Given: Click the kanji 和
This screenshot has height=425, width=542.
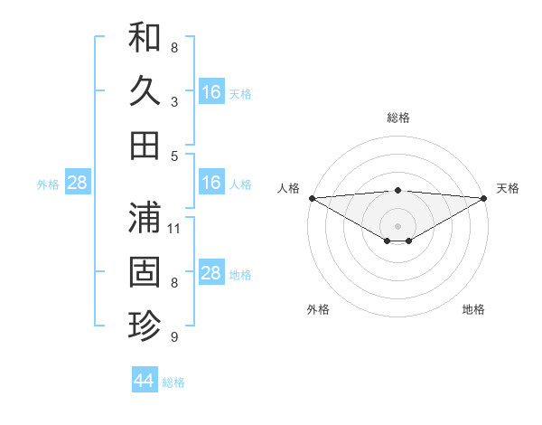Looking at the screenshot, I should tap(145, 37).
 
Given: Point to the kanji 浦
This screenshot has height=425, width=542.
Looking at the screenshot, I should tap(145, 218).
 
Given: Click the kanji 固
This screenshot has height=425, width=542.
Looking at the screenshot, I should tap(145, 271).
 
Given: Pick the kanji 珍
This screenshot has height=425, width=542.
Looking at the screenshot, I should tap(145, 326).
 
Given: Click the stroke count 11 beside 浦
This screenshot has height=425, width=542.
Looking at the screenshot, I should tap(175, 228).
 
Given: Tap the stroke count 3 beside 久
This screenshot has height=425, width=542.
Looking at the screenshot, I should tap(174, 101).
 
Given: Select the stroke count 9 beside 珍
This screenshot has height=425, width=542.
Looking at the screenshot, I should tap(174, 337).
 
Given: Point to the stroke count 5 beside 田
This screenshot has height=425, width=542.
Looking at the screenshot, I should tap(174, 156).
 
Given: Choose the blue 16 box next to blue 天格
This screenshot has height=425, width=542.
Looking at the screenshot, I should tap(211, 92).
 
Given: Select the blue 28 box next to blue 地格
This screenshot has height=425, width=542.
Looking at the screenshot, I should tap(211, 274).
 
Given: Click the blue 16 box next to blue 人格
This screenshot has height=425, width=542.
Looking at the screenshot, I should tap(211, 184).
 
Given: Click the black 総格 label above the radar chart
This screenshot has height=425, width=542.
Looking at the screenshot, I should tap(397, 118).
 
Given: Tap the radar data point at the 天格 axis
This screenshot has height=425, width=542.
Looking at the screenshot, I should tap(484, 198).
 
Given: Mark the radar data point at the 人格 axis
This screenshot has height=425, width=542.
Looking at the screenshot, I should tap(312, 198).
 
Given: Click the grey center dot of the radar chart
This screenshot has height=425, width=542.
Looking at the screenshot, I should tap(397, 224).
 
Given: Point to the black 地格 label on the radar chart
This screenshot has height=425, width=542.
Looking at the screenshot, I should tap(473, 309).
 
